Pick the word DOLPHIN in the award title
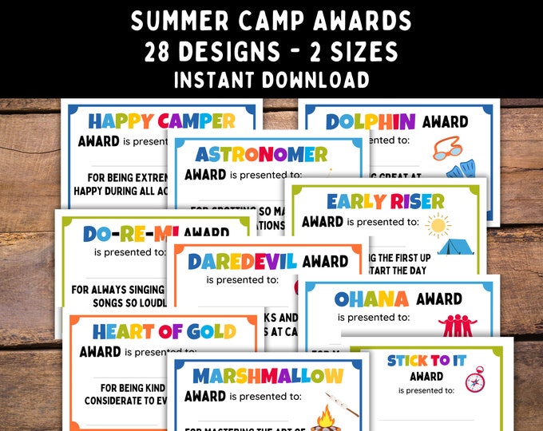371,121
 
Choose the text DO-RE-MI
132,234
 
